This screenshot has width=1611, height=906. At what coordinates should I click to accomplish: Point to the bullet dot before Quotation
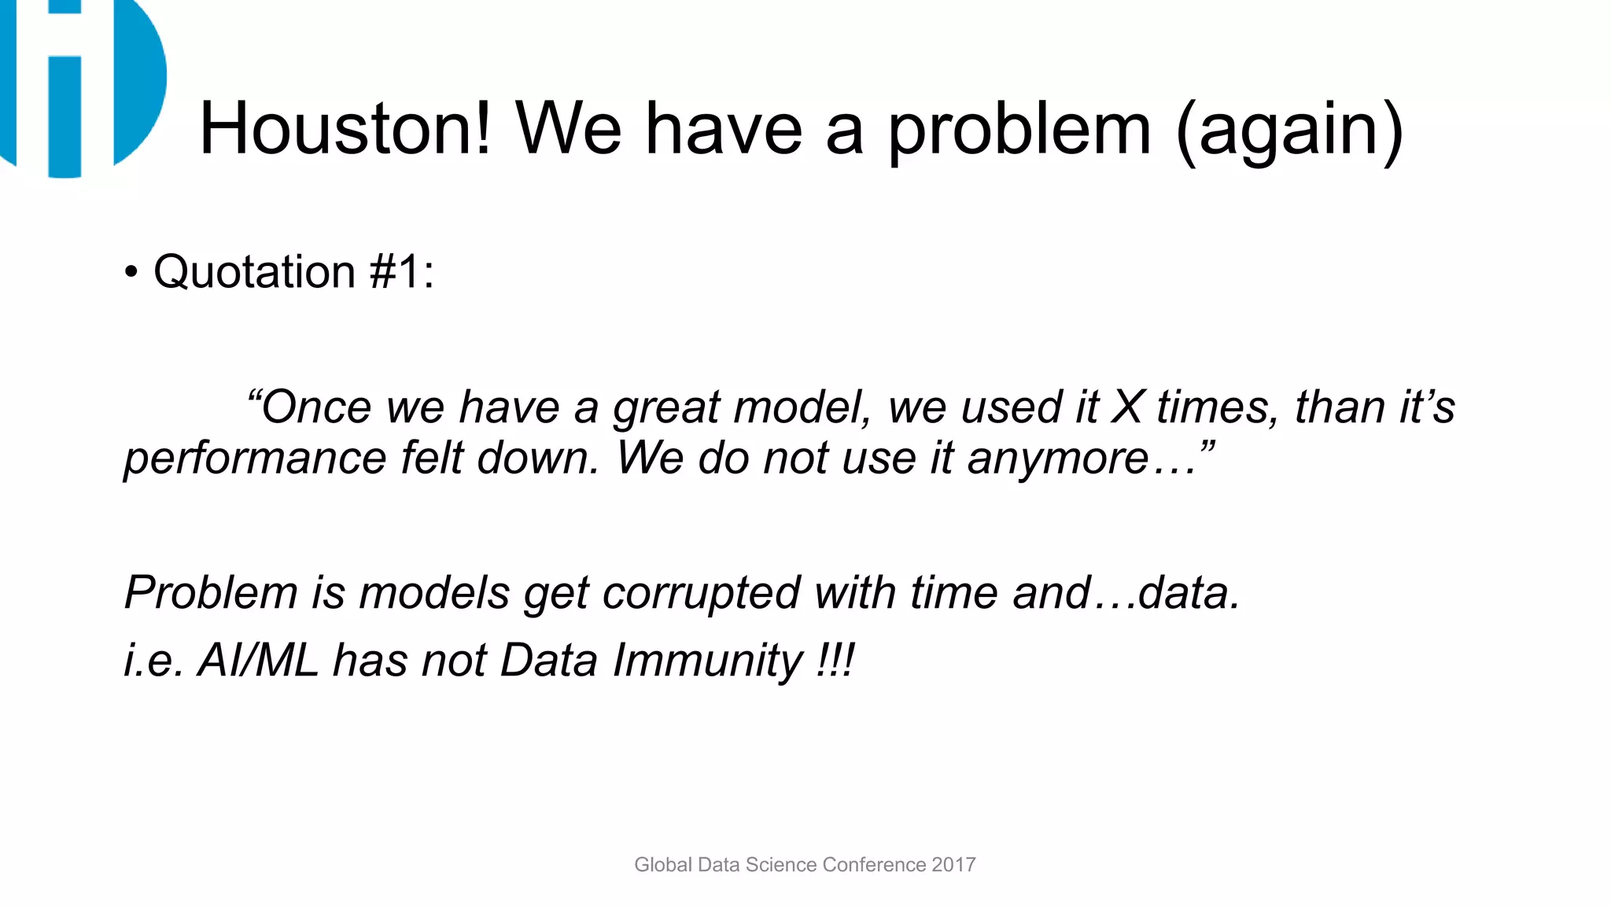131,274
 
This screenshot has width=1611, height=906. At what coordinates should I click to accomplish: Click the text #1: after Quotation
401,272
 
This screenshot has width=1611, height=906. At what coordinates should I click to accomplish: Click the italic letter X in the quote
1127,407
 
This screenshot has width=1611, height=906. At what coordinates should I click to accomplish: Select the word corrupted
701,593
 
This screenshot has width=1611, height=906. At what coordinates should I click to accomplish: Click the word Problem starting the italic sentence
211,592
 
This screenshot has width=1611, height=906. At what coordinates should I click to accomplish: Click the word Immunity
707,661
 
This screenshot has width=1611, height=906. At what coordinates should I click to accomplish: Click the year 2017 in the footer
953,864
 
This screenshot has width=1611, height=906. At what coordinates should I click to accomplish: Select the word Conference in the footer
874,864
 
